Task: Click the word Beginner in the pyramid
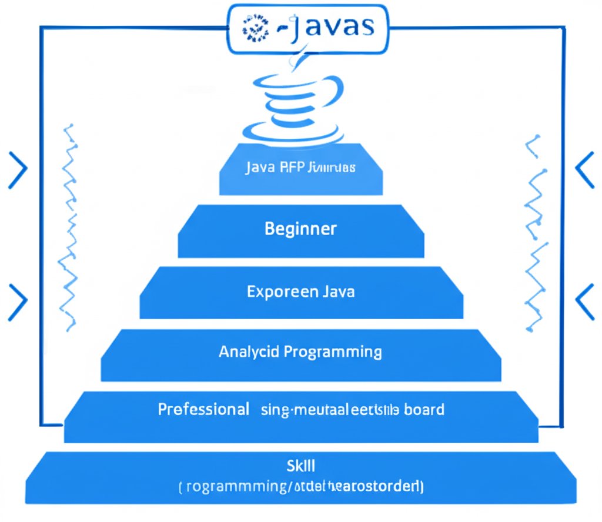(300, 228)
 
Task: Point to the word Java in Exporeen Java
(339, 291)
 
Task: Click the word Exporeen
(282, 291)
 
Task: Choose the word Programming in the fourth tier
(333, 352)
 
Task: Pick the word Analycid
(249, 352)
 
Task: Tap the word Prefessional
(203, 409)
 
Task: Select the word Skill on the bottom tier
(300, 466)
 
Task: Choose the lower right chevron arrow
(585, 300)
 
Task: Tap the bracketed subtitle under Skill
(300, 487)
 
